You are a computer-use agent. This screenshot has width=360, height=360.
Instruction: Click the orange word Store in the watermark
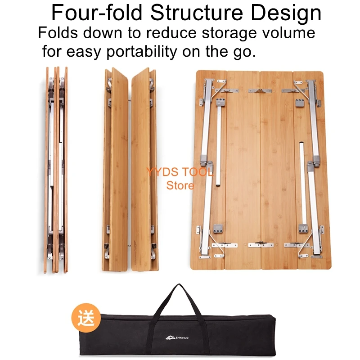tap(180, 185)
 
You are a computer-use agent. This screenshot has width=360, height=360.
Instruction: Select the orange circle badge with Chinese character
tap(85, 319)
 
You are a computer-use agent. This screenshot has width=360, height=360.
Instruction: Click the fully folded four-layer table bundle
tap(56, 171)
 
